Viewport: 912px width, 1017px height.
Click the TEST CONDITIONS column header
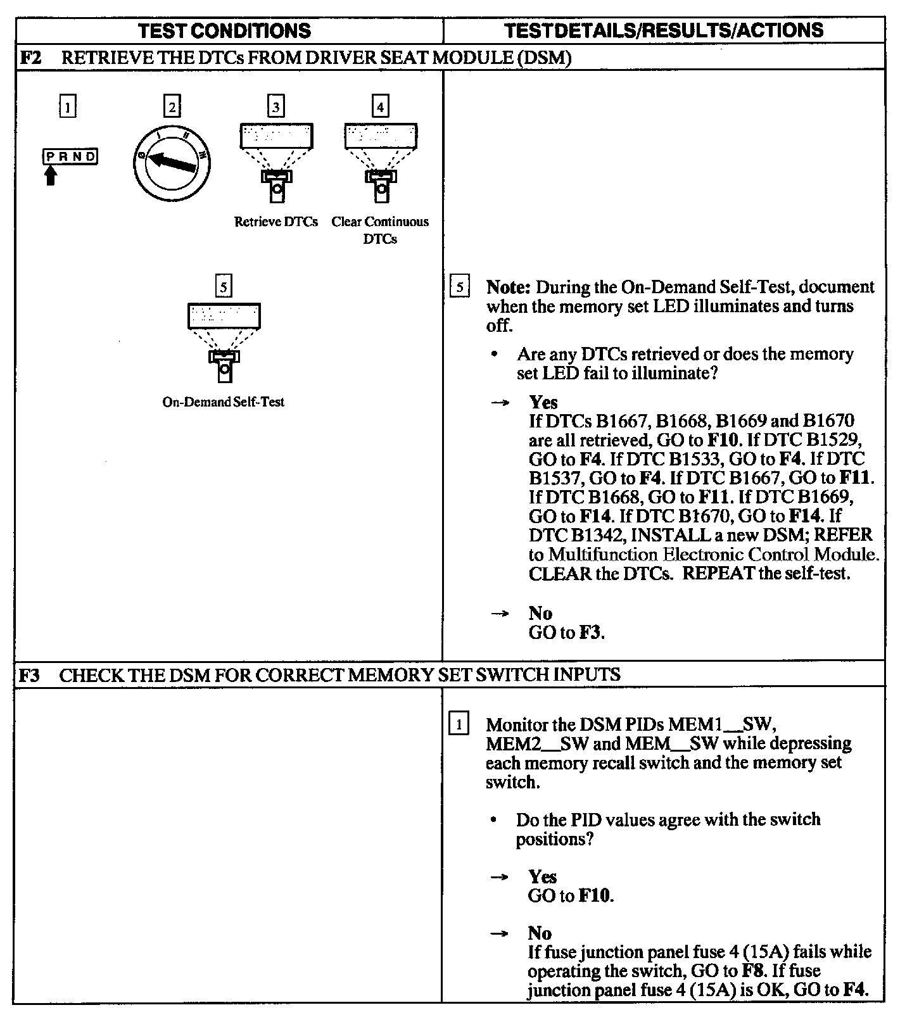click(x=225, y=30)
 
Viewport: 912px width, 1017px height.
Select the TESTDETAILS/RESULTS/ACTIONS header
click(x=664, y=30)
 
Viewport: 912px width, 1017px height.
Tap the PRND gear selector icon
click(x=70, y=156)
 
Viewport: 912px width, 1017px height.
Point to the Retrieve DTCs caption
click(x=276, y=222)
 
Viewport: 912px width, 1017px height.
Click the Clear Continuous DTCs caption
click(x=380, y=230)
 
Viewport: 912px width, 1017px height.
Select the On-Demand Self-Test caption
click(x=224, y=402)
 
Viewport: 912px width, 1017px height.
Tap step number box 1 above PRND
click(x=67, y=106)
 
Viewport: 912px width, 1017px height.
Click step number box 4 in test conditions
click(x=380, y=106)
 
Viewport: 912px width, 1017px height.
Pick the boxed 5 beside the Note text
click(x=459, y=287)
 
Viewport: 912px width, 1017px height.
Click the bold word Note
click(x=508, y=287)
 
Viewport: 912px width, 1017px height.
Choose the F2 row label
click(x=30, y=58)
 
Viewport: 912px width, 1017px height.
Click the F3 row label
click(x=29, y=675)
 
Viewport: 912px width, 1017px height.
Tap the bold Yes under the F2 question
click(x=543, y=402)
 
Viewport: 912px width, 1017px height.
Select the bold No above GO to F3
click(x=540, y=613)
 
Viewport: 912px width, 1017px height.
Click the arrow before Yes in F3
click(x=500, y=877)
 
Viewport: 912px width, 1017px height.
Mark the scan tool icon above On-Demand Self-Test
click(x=224, y=342)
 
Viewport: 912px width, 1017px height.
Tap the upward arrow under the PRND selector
click(x=51, y=174)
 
